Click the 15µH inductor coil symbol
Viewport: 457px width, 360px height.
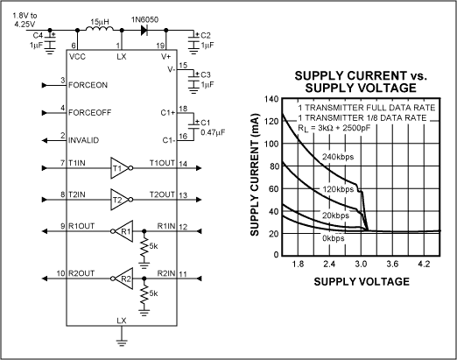point(100,29)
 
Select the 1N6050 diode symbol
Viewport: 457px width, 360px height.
point(144,30)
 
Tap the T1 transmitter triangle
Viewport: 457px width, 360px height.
point(120,168)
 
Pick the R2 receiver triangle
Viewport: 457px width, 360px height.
point(123,279)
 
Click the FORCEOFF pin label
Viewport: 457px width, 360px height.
point(89,113)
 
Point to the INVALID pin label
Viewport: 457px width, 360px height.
point(83,140)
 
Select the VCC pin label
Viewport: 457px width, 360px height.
point(77,56)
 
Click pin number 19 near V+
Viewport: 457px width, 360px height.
point(160,46)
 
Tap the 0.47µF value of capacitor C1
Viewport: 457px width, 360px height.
point(213,132)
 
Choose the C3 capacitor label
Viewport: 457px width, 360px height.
point(206,74)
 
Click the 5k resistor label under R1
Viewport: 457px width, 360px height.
point(153,246)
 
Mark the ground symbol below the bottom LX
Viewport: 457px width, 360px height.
point(122,342)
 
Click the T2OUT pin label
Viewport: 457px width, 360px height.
point(162,194)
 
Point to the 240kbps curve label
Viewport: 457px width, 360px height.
point(338,157)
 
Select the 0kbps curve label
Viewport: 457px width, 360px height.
point(334,238)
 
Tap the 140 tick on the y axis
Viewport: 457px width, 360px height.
point(271,99)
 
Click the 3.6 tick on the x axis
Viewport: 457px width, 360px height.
point(392,264)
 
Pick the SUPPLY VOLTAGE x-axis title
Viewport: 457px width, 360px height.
point(362,281)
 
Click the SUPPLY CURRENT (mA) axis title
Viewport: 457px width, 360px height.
point(255,174)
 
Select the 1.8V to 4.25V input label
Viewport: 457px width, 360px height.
point(25,19)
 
